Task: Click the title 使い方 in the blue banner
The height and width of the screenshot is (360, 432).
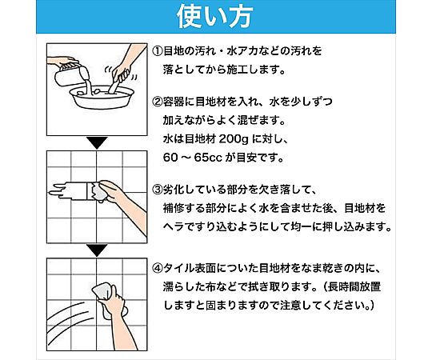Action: click(214, 16)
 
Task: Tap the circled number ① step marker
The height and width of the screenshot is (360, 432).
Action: click(158, 51)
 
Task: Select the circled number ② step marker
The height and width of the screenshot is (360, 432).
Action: click(158, 102)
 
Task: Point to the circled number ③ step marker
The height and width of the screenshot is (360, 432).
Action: click(158, 190)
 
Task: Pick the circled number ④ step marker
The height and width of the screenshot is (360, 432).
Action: click(158, 268)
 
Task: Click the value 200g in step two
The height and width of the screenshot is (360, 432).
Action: click(230, 139)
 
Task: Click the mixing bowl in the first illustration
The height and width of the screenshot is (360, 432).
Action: click(102, 98)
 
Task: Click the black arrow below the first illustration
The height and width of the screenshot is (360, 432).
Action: click(97, 143)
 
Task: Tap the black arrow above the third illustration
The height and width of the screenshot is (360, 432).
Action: click(97, 250)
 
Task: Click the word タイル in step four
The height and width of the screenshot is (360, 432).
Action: click(178, 268)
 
